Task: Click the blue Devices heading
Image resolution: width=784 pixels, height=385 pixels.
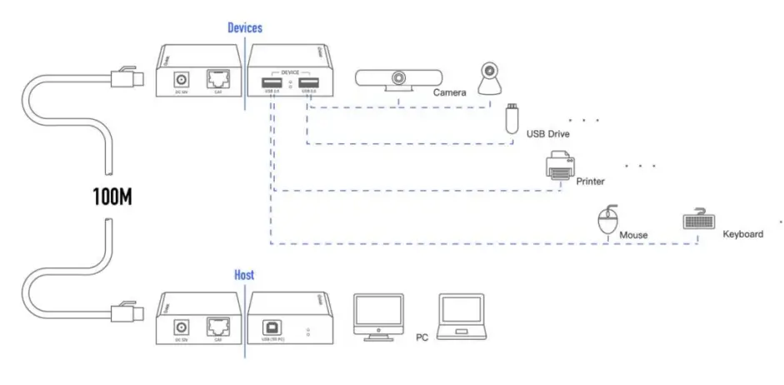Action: (245, 28)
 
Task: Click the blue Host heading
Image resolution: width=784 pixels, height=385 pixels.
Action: (244, 274)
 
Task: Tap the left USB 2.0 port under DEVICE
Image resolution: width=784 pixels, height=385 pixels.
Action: (270, 82)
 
